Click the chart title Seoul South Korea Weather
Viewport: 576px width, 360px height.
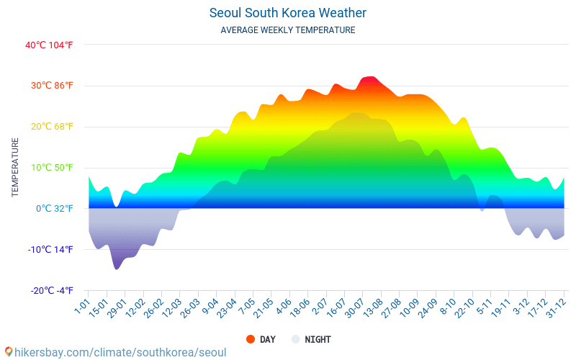(288, 13)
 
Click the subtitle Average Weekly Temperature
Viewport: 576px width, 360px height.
(288, 30)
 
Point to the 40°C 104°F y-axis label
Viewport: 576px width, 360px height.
(49, 45)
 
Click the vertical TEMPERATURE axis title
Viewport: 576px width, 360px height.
(15, 168)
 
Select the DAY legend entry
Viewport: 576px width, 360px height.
(260, 339)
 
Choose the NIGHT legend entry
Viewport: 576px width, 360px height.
(311, 339)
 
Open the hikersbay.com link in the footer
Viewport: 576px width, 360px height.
(115, 352)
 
